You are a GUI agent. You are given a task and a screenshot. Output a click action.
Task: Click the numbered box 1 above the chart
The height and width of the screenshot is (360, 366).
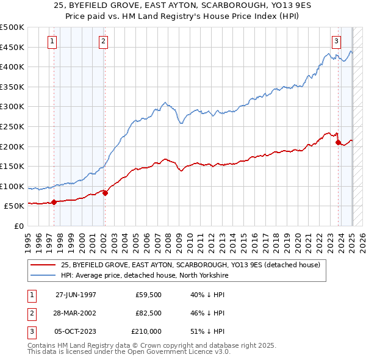coord(52,41)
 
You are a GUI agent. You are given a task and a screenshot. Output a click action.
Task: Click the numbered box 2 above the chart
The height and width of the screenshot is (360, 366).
coord(103,41)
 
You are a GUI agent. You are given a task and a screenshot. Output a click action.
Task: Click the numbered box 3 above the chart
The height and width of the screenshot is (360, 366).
coord(336,41)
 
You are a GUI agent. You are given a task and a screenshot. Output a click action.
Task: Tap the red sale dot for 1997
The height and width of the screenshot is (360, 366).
coord(54,202)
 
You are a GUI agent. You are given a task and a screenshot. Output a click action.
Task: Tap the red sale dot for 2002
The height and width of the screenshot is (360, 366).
coord(105,193)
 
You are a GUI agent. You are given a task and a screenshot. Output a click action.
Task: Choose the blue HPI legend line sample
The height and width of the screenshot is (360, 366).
coord(43,275)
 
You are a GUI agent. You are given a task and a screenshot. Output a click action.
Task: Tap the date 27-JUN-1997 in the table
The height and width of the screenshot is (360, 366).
coord(76,295)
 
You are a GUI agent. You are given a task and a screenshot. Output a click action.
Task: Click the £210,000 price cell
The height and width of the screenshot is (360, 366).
coord(146,331)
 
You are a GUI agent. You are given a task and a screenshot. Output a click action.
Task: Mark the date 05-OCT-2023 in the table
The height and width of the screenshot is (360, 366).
coord(76,331)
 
